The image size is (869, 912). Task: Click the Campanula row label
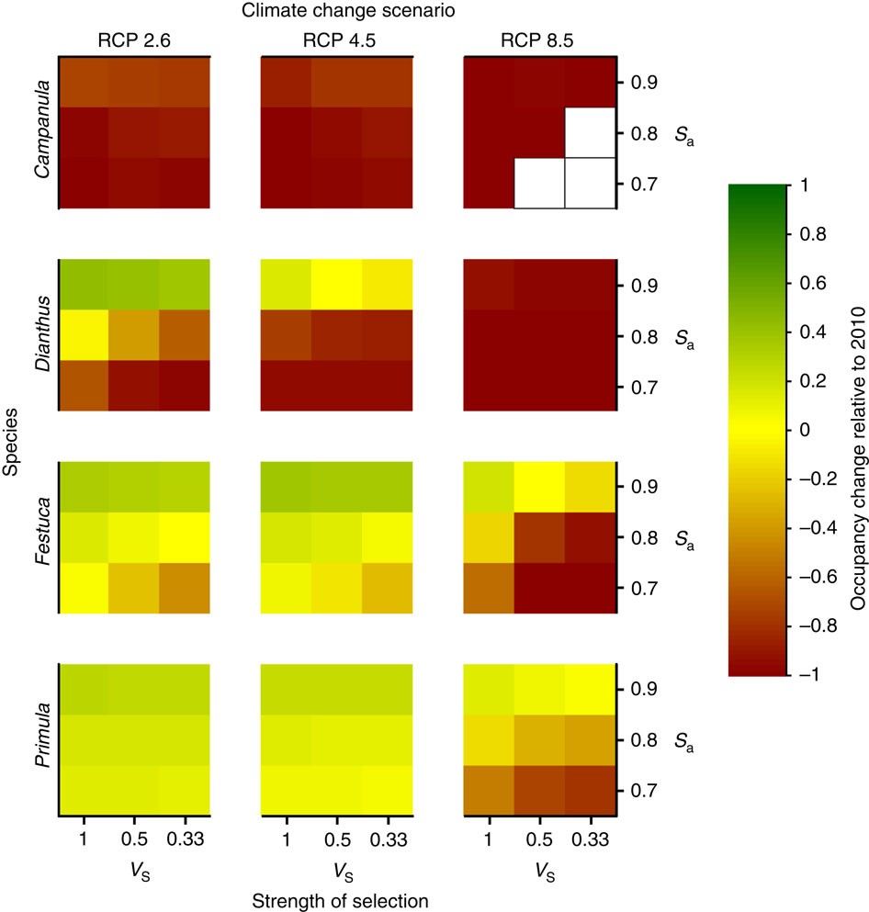pos(40,133)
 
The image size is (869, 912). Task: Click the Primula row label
pos(40,739)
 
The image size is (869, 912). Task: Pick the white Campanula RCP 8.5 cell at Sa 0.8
pos(589,133)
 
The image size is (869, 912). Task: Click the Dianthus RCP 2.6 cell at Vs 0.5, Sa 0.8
pos(135,335)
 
